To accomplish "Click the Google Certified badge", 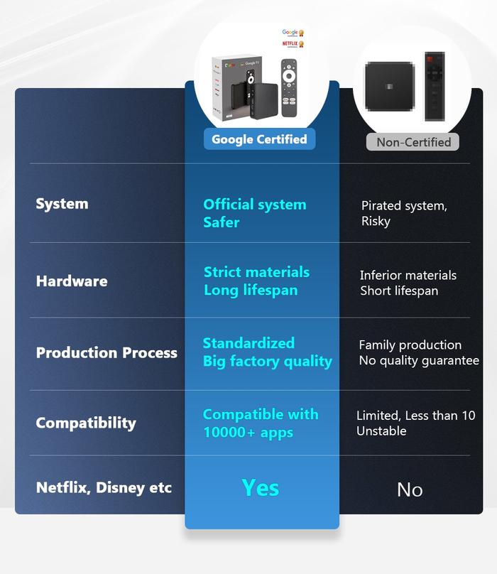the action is click(x=259, y=139).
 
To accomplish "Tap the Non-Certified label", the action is click(x=413, y=142).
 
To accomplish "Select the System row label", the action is click(x=62, y=204).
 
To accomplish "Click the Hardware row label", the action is click(x=72, y=281).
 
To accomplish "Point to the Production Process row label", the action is click(x=106, y=352).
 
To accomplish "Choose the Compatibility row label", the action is click(x=86, y=423).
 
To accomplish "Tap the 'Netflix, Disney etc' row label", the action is click(x=104, y=488).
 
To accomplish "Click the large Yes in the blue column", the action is click(x=261, y=488).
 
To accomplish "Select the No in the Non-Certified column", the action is click(x=410, y=489).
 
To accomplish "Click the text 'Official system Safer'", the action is click(x=254, y=213).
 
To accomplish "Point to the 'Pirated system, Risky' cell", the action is click(x=404, y=213).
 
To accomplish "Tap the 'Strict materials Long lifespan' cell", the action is click(x=256, y=281).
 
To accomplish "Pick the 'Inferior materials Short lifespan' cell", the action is click(x=408, y=283).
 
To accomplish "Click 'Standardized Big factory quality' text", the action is click(x=267, y=352).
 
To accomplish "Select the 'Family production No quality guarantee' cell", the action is click(x=418, y=352).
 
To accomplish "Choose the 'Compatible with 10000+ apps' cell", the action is click(x=260, y=423).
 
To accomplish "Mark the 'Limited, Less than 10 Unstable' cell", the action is click(x=415, y=423).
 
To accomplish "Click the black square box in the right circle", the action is click(x=388, y=87).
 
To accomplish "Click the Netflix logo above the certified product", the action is click(x=290, y=43).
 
